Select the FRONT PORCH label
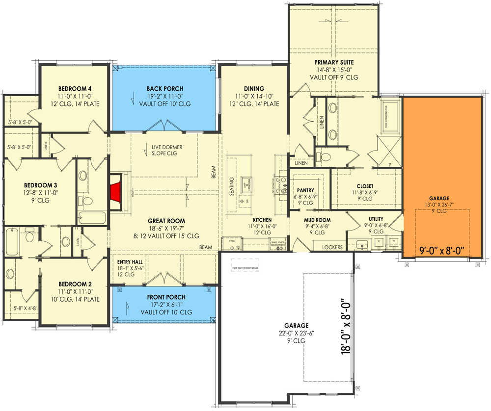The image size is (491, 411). pyautogui.click(x=166, y=297)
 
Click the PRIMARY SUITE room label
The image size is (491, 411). pyautogui.click(x=334, y=62)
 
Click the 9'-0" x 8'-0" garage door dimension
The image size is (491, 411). pyautogui.click(x=442, y=252)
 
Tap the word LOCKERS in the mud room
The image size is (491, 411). pyautogui.click(x=332, y=247)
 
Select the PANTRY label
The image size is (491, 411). pyautogui.click(x=305, y=190)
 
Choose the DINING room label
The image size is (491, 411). pyautogui.click(x=253, y=89)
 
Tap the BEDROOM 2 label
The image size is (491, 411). pyautogui.click(x=75, y=284)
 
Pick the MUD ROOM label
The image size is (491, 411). pyautogui.click(x=317, y=220)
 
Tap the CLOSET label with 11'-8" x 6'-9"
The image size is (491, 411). pyautogui.click(x=365, y=186)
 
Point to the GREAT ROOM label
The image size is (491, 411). pyautogui.click(x=166, y=221)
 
